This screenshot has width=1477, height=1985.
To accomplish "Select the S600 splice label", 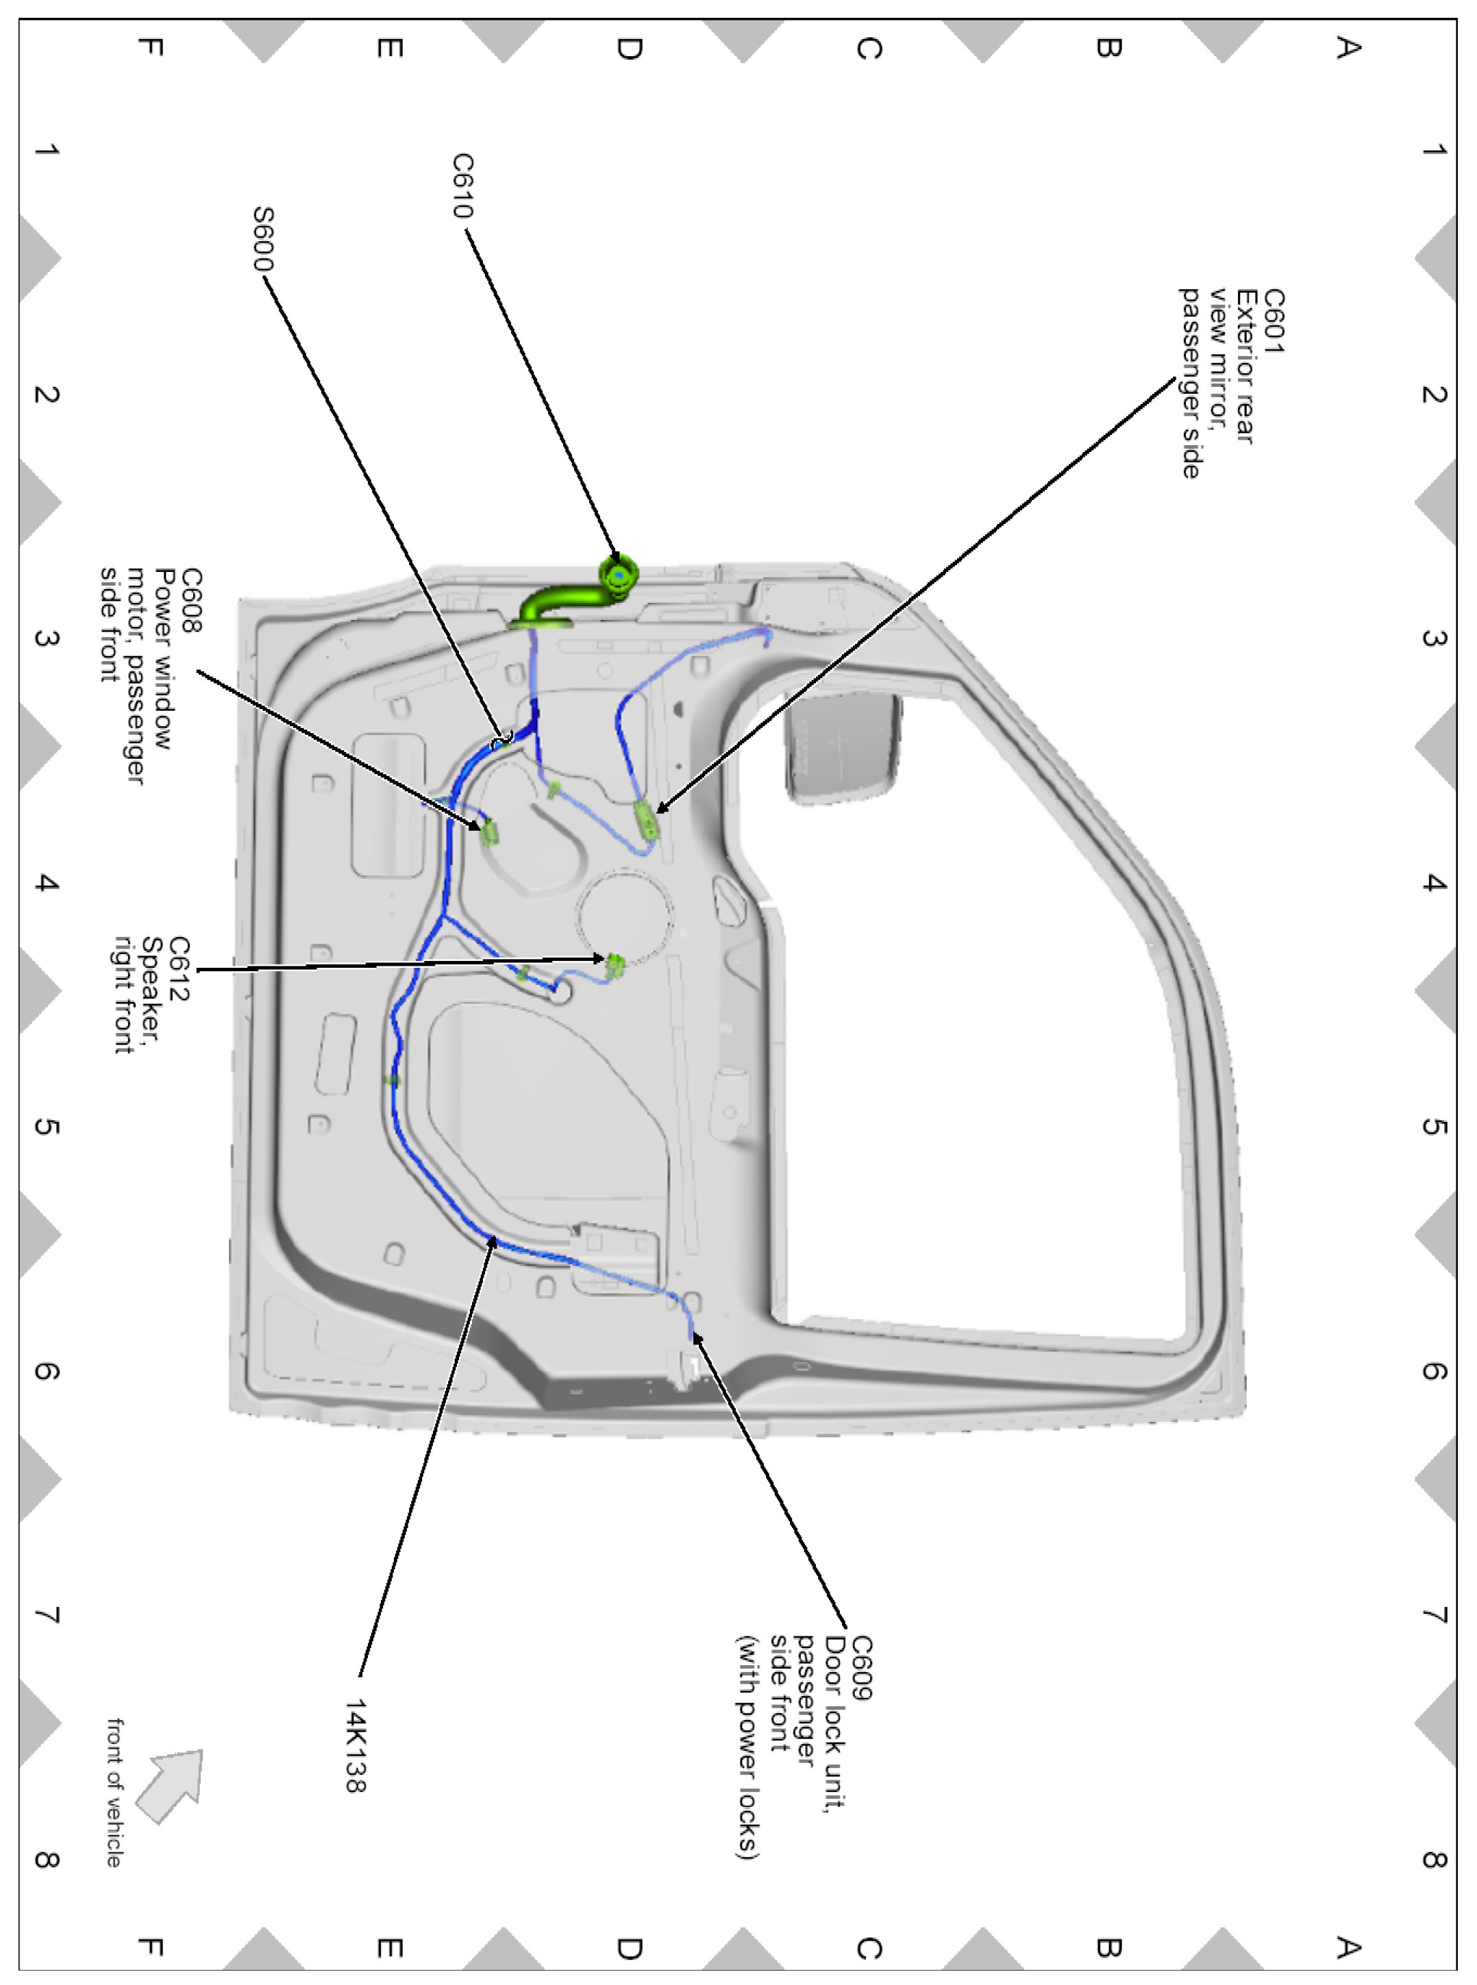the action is click(x=263, y=238).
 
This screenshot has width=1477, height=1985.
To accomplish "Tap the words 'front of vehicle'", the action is click(x=114, y=1792).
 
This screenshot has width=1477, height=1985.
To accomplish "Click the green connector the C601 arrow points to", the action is click(x=645, y=820).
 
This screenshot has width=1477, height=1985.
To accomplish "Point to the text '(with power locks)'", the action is click(x=747, y=1747).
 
